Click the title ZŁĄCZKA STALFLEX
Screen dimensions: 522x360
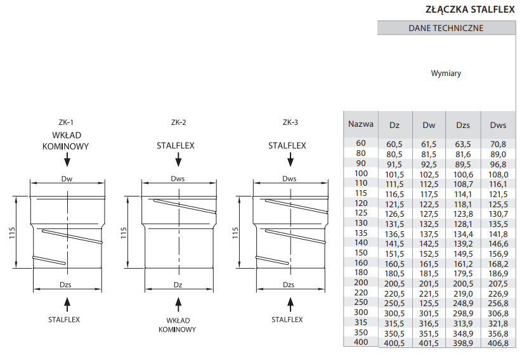tap(470, 10)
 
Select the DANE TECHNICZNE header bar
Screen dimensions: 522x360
tap(447, 28)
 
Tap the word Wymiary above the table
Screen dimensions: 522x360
tap(446, 73)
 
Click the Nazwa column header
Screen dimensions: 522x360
tap(361, 124)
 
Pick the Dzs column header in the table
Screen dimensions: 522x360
tap(463, 125)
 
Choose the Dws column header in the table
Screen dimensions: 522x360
tap(498, 125)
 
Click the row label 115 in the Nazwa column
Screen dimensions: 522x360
tap(361, 193)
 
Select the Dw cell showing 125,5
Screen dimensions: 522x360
tap(429, 304)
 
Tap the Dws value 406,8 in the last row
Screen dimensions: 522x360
tap(498, 344)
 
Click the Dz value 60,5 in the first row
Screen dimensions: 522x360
tap(394, 144)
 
